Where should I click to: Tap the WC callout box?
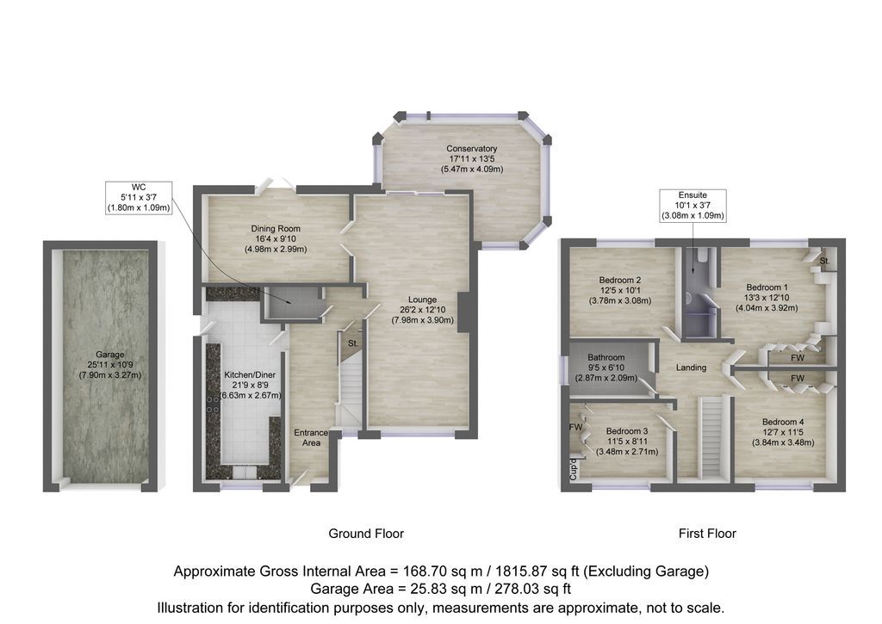139,197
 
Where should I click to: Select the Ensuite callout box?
693,206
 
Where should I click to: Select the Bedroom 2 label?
619,280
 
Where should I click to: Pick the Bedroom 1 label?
767,287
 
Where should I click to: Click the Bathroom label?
606,357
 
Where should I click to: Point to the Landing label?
691,368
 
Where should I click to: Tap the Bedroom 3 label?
626,431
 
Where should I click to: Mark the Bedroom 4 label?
783,422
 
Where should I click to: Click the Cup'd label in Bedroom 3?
571,469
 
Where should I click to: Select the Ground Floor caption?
366,534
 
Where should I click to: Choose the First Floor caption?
707,534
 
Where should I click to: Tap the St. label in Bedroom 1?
824,260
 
